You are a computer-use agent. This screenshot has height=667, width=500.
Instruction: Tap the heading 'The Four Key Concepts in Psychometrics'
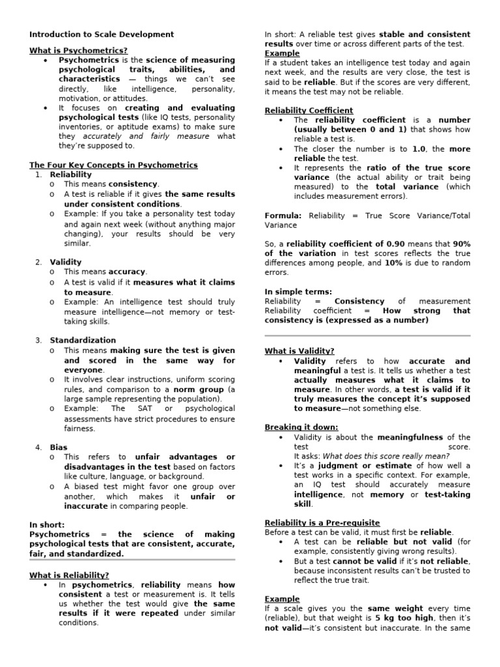[113, 165]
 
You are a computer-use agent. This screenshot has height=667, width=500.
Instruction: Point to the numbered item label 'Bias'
[59, 447]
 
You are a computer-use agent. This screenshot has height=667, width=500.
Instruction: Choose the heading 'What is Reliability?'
[69, 575]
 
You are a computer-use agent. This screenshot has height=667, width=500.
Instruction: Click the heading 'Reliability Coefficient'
[309, 111]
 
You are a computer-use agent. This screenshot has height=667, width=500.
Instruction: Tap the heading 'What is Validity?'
[299, 351]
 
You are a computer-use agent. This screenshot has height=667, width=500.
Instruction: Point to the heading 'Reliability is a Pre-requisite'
[322, 522]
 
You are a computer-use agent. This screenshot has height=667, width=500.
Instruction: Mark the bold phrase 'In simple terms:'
[298, 292]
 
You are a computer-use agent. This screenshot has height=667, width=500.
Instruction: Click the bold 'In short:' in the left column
[47, 524]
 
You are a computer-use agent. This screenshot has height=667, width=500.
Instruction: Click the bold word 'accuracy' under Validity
[128, 272]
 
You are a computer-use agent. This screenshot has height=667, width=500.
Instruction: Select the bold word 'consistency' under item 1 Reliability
[133, 184]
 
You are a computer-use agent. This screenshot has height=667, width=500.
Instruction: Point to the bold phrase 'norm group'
[193, 389]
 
